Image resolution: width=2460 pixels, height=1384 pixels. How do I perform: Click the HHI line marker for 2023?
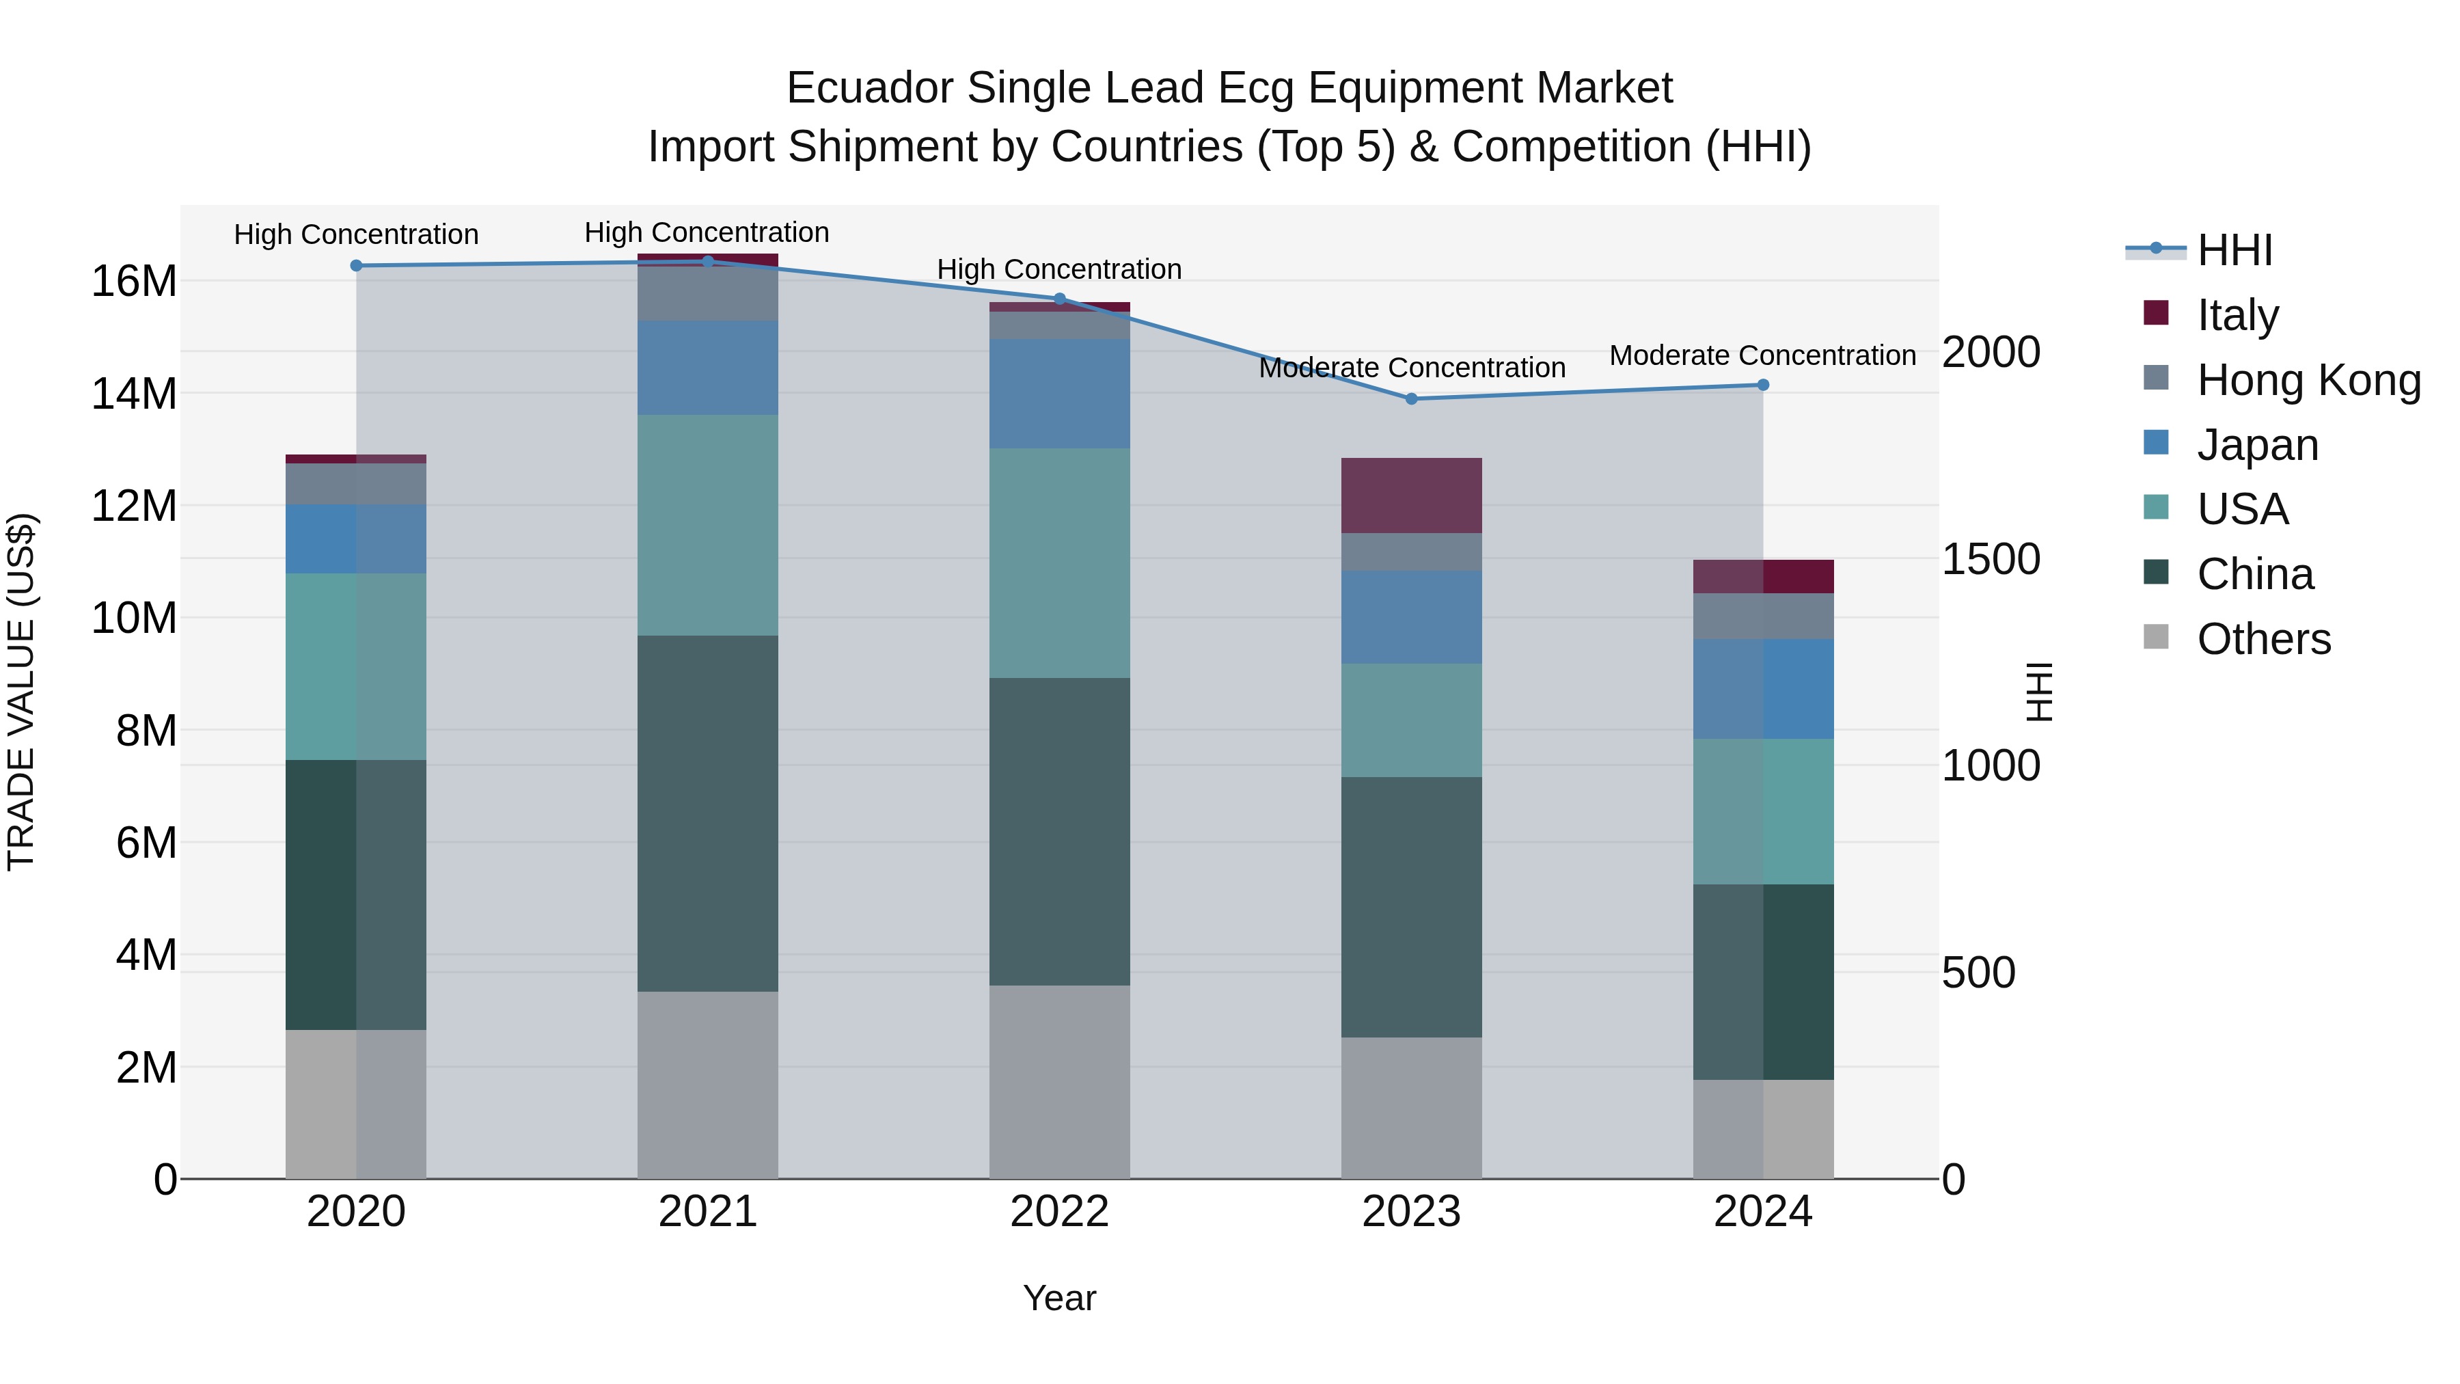tap(1412, 398)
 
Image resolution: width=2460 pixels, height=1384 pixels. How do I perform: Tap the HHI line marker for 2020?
tap(356, 266)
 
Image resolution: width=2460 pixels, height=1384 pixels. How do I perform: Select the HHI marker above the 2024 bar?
tap(1763, 385)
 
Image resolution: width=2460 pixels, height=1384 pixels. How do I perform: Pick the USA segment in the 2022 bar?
tap(1059, 564)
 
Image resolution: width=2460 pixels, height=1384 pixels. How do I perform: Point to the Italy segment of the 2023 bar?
tap(1412, 495)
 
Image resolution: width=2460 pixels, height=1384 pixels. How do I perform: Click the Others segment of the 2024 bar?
tap(1763, 1129)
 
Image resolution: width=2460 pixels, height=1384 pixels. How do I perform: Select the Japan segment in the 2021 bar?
tap(708, 368)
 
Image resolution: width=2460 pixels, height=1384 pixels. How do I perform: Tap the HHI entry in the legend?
tap(2234, 250)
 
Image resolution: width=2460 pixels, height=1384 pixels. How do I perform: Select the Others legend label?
tap(2263, 639)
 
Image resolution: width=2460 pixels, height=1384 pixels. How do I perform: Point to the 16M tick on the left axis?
tap(134, 282)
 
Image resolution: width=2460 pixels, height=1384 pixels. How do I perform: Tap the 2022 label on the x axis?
tap(1059, 1212)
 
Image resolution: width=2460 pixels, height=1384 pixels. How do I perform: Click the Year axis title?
tap(1059, 1298)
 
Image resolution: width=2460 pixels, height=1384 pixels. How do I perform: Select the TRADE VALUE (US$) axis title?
tap(21, 692)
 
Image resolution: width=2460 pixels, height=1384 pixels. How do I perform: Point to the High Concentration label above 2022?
tap(1059, 269)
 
